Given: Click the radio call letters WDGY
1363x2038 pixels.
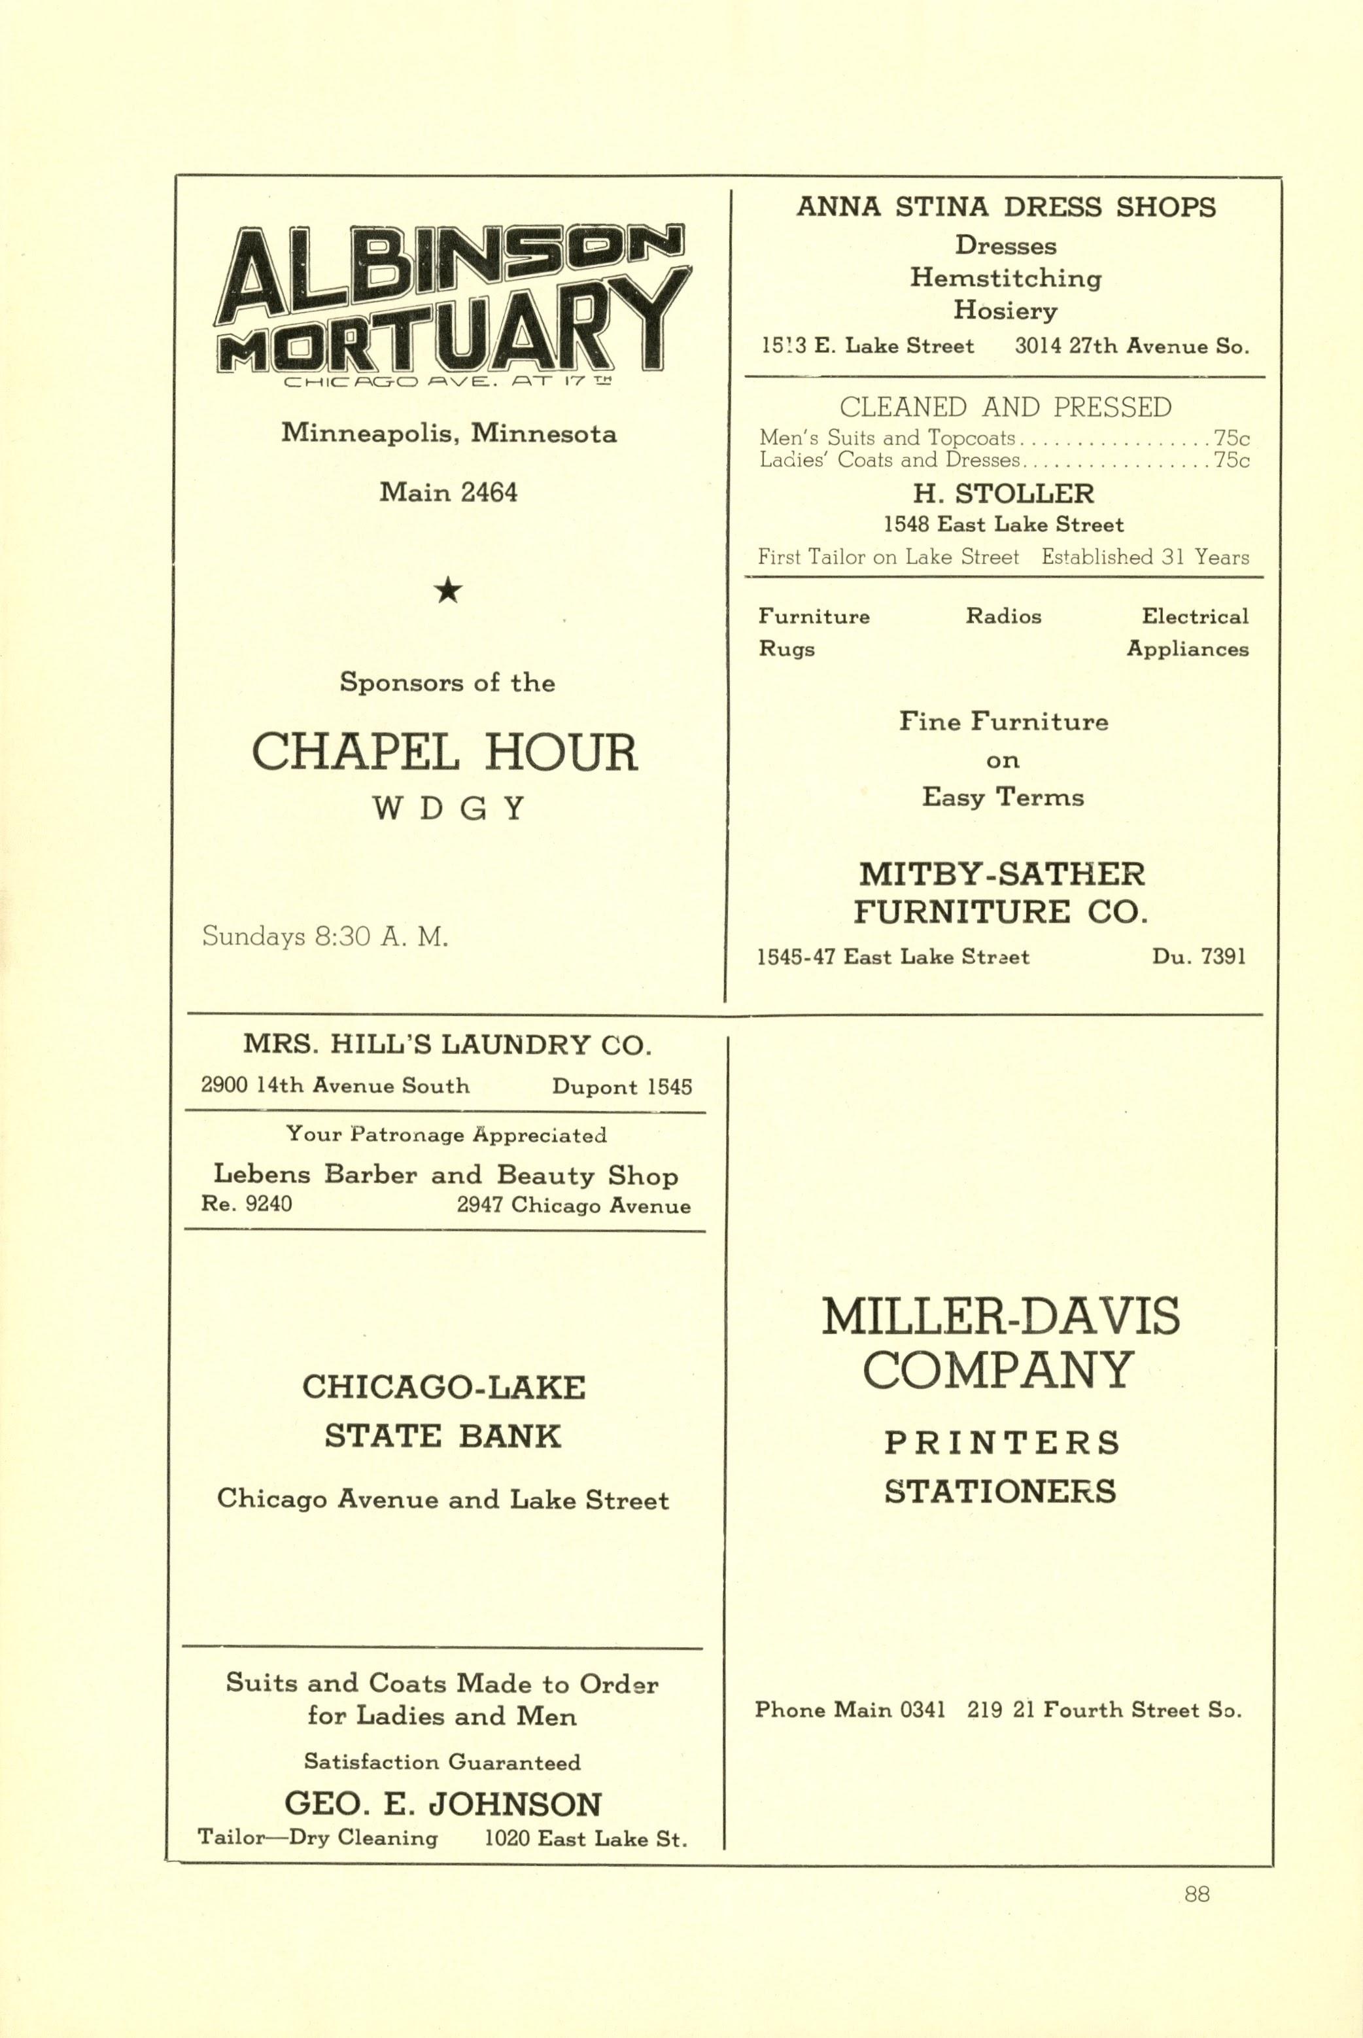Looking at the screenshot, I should [x=449, y=809].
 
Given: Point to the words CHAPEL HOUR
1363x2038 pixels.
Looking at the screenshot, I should [x=444, y=753].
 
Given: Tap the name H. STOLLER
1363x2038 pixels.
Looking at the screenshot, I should [x=1003, y=494].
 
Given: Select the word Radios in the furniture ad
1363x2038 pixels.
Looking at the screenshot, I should [x=1003, y=616].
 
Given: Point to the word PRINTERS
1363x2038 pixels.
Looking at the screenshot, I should [x=1002, y=1443].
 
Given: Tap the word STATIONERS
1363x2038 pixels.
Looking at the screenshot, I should [x=1001, y=1492].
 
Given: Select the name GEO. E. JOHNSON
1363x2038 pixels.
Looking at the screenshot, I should [x=443, y=1804].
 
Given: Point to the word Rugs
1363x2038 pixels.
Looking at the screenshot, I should [x=787, y=650].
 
